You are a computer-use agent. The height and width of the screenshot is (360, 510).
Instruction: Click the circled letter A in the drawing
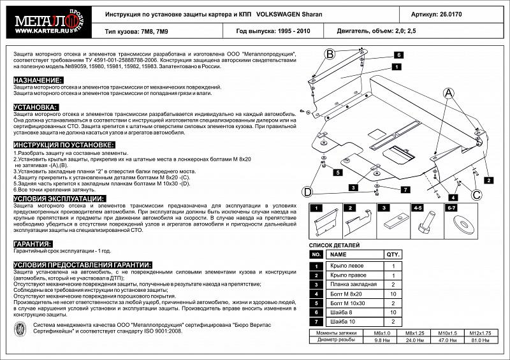coord(449,94)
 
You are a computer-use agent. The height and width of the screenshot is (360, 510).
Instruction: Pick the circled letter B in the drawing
coord(330,55)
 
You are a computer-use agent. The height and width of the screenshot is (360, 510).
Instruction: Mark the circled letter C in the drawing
coord(476,194)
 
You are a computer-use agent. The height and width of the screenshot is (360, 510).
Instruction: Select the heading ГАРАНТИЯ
coord(33,244)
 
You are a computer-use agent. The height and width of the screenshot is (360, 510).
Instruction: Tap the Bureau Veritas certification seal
coord(19,328)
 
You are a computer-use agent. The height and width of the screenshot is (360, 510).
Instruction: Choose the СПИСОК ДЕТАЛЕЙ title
coord(334,245)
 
